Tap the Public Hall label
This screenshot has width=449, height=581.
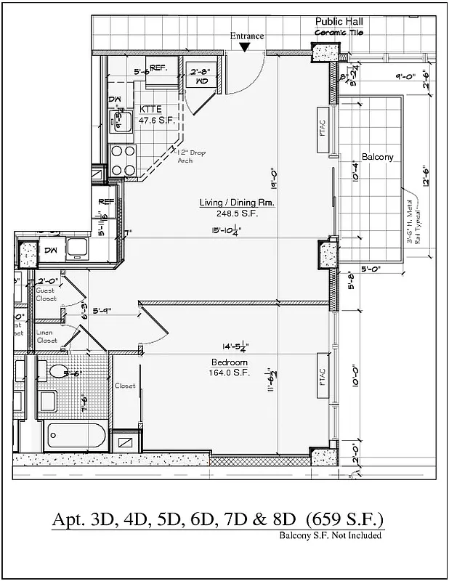(339, 23)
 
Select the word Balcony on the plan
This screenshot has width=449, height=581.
(377, 157)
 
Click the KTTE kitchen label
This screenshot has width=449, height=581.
(151, 109)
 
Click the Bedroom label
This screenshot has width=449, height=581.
(230, 362)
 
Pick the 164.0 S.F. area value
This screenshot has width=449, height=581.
(230, 373)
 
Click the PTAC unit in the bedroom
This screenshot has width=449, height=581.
(322, 379)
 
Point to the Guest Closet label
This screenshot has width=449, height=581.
(45, 294)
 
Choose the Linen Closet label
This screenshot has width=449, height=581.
(46, 336)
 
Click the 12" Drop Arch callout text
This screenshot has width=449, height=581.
(191, 156)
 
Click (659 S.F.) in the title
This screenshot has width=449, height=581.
(344, 521)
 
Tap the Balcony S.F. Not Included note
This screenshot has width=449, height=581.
(330, 536)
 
